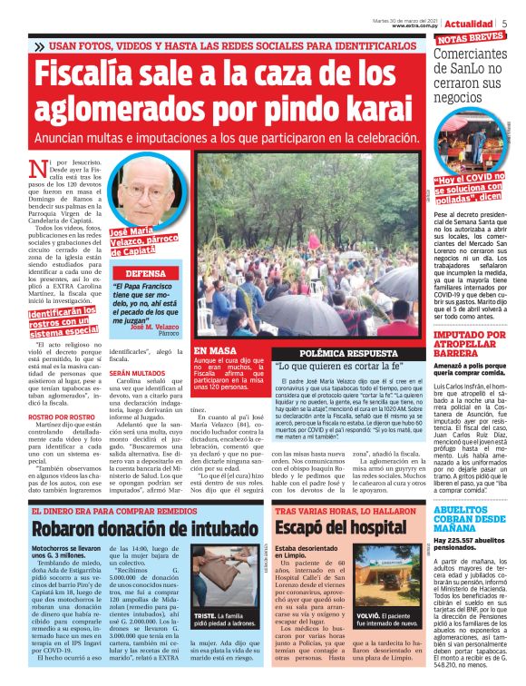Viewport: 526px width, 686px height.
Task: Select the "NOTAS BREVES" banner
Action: pyautogui.click(x=471, y=37)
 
